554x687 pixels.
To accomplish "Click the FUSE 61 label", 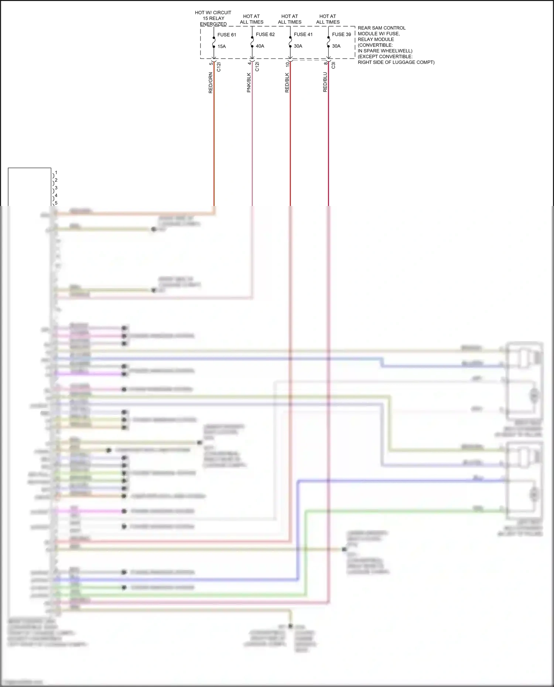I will [226, 35].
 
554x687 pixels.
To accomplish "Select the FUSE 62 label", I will [265, 34].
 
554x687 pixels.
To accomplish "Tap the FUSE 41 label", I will [303, 34].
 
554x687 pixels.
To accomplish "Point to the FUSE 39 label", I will [341, 34].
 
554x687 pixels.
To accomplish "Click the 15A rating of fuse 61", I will [222, 47].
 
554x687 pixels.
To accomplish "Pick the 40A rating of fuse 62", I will [260, 46].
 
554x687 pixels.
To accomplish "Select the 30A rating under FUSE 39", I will [336, 46].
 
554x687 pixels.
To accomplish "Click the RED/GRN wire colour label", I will [211, 83].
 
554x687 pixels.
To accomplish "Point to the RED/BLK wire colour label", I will [287, 83].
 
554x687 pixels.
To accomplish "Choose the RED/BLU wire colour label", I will [325, 82].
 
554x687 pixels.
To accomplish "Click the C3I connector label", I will [333, 65].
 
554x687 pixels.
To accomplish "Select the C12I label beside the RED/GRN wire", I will [219, 67].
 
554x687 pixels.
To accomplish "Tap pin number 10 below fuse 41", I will [287, 64].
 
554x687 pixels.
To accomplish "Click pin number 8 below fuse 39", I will [325, 63].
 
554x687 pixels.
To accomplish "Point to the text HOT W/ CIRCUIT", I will [213, 13].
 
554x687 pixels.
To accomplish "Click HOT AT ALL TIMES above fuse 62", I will [252, 19].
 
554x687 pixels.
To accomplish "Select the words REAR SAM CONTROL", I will [382, 28].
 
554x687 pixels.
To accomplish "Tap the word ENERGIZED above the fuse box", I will [213, 24].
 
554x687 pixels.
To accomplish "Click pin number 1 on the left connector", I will [56, 173].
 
